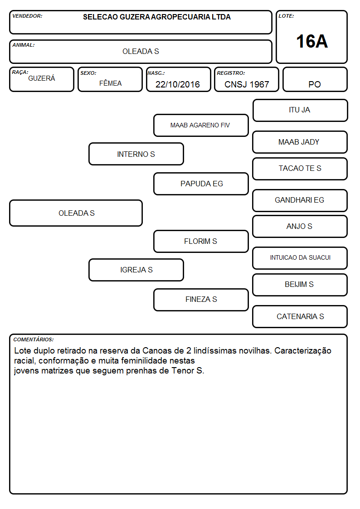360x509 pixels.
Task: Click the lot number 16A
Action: coord(312,42)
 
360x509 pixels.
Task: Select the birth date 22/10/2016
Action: coord(178,84)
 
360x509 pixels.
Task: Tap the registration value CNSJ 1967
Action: coord(247,84)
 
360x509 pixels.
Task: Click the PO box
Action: coord(315,79)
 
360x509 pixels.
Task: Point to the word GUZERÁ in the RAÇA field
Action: coord(42,78)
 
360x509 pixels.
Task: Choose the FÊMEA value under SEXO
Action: coord(110,83)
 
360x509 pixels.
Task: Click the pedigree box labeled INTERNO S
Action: coord(136,154)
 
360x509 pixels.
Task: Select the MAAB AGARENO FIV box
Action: coord(201,125)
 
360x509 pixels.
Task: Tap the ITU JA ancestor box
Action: coord(300,111)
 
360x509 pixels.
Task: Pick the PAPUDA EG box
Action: coord(201,184)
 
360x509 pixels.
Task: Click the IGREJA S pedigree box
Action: coord(136,270)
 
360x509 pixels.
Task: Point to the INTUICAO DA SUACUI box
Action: coord(300,258)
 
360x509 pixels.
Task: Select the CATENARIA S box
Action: coord(300,316)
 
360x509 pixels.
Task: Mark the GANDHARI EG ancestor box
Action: coord(300,200)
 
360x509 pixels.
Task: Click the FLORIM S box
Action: coord(201,241)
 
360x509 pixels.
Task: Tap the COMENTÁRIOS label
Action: coord(34,339)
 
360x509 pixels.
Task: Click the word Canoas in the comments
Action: coord(156,350)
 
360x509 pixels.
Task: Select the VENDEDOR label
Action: coord(27,16)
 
